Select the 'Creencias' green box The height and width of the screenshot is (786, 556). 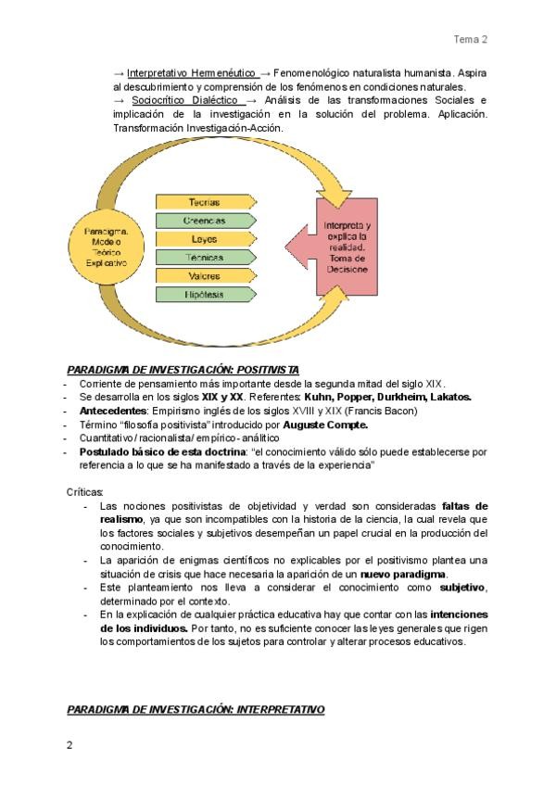point(205,220)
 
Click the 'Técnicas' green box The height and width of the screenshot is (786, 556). point(205,257)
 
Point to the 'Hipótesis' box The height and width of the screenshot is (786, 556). point(205,294)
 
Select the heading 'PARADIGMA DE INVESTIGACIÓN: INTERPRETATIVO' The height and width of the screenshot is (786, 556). point(196,709)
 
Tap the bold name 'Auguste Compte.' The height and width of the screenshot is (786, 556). point(320,425)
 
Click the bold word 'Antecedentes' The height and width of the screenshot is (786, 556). point(112,411)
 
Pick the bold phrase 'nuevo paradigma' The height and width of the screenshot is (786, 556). point(402,576)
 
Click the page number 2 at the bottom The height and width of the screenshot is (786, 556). point(69,744)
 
